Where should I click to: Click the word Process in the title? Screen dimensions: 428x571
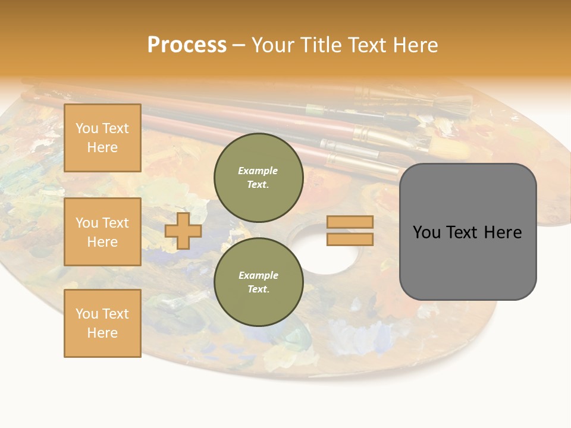[x=187, y=45]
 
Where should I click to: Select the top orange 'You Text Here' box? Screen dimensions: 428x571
[x=102, y=138]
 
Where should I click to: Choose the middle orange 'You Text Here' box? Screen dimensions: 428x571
[x=102, y=232]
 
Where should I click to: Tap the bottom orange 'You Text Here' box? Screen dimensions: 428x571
[x=102, y=323]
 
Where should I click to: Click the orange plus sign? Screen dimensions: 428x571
[x=183, y=231]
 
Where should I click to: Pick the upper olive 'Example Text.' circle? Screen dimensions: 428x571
[x=258, y=178]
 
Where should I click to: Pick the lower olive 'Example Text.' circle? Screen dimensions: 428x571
[x=258, y=282]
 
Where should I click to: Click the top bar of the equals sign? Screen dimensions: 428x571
[x=350, y=222]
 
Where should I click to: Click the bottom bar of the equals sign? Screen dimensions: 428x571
[x=350, y=239]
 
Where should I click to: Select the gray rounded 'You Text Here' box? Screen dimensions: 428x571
[x=468, y=232]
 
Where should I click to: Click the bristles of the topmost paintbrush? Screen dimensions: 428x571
[x=455, y=105]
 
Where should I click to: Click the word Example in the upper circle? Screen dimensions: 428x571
[x=258, y=171]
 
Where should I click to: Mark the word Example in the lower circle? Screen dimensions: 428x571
[x=258, y=275]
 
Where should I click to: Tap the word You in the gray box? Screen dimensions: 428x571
[x=426, y=232]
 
